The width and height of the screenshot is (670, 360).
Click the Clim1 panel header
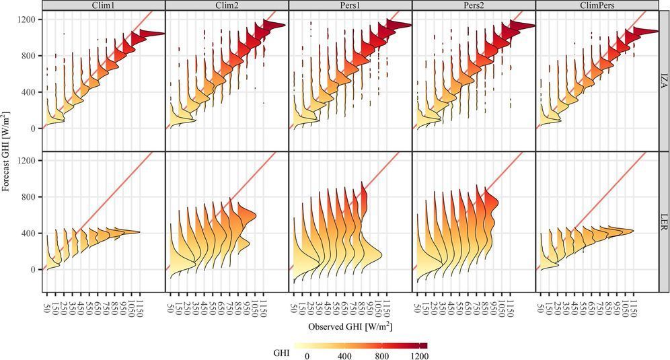[103, 5]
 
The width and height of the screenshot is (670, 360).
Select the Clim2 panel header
[227, 5]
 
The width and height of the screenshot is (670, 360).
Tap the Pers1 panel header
[350, 5]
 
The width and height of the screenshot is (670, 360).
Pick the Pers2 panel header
[474, 5]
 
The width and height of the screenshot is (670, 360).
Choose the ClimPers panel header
[597, 5]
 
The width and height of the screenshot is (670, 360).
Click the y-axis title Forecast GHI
[7, 151]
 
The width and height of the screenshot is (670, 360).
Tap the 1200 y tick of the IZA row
[26, 20]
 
